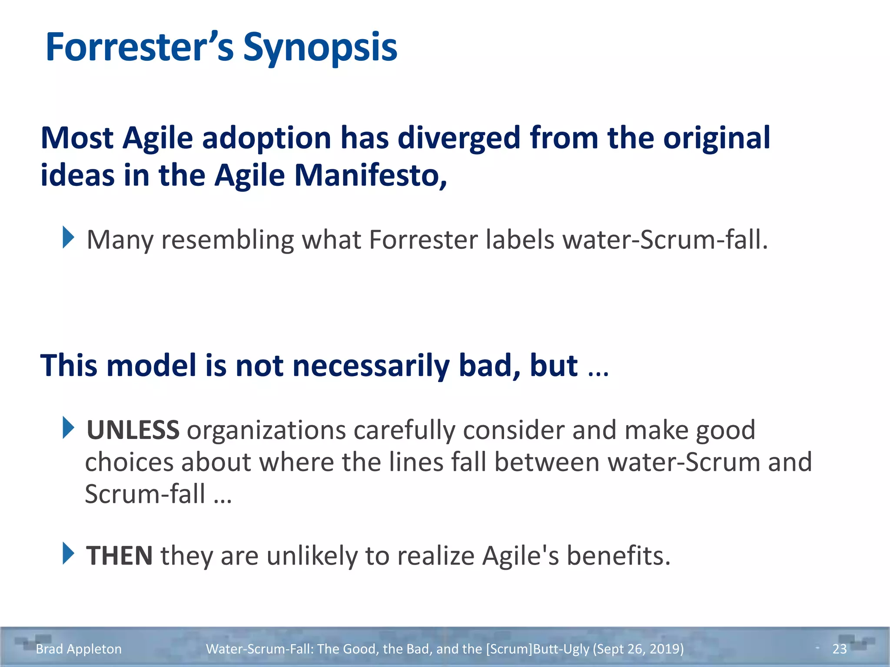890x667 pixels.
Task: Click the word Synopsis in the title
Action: [320, 48]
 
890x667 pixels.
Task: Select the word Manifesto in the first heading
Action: [370, 175]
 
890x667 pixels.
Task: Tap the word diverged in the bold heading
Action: [459, 138]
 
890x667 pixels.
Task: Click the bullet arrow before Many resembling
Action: [68, 238]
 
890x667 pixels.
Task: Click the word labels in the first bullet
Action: [520, 240]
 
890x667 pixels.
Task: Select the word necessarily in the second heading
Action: [371, 366]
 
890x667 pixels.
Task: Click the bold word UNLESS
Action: [133, 430]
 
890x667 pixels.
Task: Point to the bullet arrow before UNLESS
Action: [68, 428]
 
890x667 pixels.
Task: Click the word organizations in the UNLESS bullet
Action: [266, 430]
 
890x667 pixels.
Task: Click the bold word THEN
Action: [120, 556]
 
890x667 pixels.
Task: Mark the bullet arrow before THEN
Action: [68, 553]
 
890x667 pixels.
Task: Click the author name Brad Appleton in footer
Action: [79, 649]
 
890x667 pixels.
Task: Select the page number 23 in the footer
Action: [839, 649]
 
